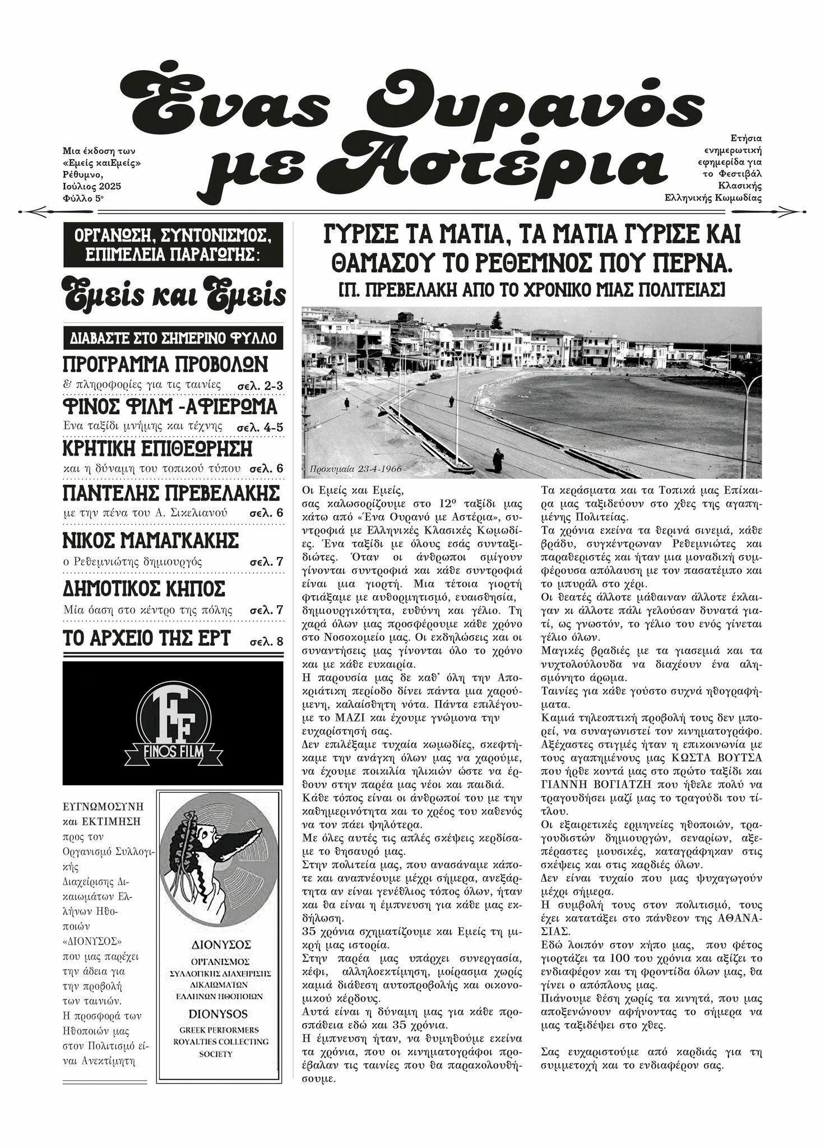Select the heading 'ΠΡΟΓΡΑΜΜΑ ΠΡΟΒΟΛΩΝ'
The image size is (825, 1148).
[165, 364]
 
